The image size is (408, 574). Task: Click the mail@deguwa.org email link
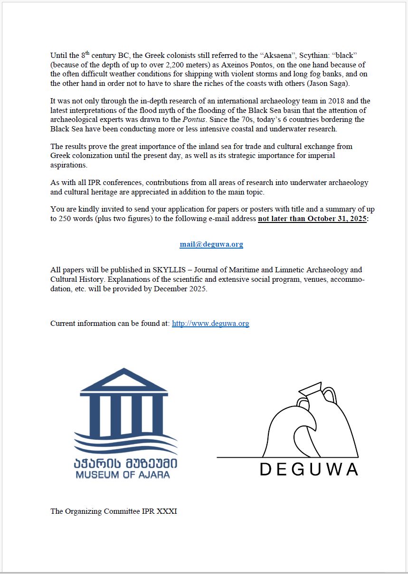pos(211,244)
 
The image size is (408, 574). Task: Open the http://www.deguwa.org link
pos(210,324)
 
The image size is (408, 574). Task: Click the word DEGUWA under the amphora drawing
pos(309,469)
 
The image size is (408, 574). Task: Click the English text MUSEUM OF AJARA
pos(123,474)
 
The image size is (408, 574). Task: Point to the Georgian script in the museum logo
pos(126,462)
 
